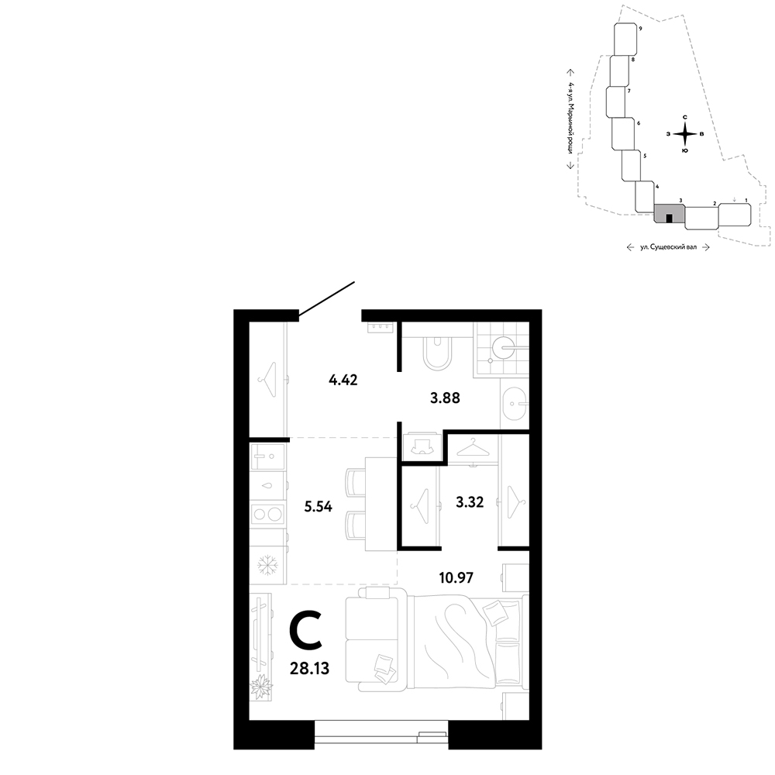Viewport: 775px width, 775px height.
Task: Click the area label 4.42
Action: [343, 380]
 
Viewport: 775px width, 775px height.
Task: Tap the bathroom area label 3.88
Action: [445, 398]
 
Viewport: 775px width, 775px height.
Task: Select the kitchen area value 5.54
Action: [319, 507]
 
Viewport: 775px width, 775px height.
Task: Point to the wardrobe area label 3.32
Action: [470, 503]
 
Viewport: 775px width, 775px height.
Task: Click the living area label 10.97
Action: [456, 577]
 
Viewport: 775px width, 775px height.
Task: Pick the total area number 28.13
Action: [311, 669]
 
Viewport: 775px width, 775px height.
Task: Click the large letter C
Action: [306, 630]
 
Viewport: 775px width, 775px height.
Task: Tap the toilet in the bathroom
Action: [437, 352]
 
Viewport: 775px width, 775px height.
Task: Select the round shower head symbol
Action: [504, 347]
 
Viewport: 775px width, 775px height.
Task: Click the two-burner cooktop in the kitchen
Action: [268, 514]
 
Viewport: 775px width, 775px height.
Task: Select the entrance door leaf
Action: [327, 298]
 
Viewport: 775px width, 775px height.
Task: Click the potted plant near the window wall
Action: [260, 687]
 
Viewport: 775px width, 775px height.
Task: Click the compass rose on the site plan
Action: [684, 133]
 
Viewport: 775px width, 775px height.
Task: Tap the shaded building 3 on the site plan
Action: [670, 214]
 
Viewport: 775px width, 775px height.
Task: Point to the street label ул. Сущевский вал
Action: [668, 246]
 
